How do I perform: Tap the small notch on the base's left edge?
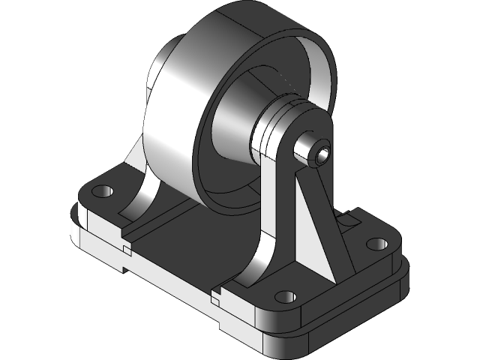click(x=122, y=247)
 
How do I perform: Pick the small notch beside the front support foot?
click(x=217, y=297)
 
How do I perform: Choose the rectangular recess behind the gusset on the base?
click(x=346, y=220)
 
